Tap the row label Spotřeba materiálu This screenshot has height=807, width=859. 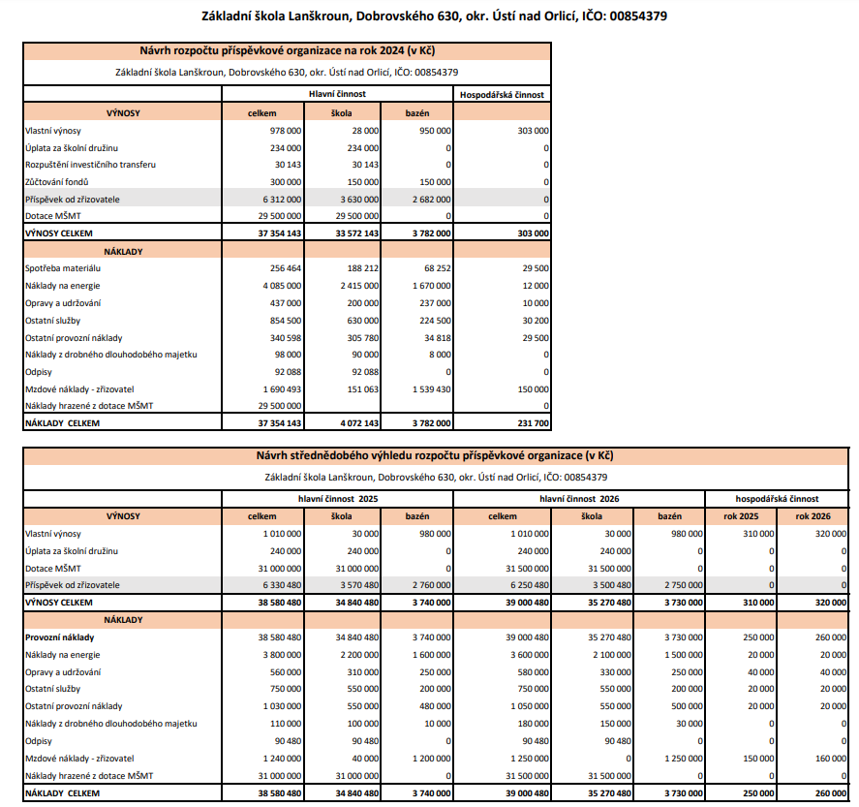point(64,267)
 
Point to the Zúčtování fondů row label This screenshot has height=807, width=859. point(59,181)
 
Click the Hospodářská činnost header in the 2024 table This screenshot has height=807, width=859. point(502,95)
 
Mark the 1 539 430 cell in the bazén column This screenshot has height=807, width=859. point(427,388)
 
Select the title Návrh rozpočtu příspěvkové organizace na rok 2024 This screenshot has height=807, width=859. point(288,51)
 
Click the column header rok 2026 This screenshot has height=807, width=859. point(813,516)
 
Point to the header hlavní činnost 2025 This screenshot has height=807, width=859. point(337,499)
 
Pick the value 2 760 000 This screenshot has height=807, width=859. point(427,585)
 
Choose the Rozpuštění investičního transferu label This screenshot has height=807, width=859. point(90,165)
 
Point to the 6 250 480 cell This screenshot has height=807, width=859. point(516,585)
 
